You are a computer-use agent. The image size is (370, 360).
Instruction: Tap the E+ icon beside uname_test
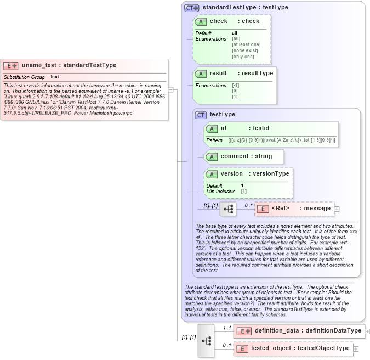(x=11, y=66)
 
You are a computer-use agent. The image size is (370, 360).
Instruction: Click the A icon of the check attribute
(x=201, y=21)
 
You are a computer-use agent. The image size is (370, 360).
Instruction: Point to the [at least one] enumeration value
(x=246, y=44)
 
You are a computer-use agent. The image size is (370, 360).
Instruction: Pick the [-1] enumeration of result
(x=236, y=86)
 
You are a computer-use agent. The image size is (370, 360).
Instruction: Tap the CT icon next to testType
(x=201, y=115)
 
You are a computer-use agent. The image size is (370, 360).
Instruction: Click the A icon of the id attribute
(x=212, y=128)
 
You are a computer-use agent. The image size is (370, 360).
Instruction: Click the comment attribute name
(x=235, y=156)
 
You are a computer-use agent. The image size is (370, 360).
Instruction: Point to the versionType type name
(x=271, y=174)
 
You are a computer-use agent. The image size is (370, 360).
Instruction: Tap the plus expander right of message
(x=337, y=209)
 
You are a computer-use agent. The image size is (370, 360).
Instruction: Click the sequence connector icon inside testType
(x=227, y=209)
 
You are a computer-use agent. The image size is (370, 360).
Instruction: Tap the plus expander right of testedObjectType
(x=356, y=348)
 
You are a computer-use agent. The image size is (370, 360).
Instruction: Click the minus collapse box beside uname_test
(x=171, y=90)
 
